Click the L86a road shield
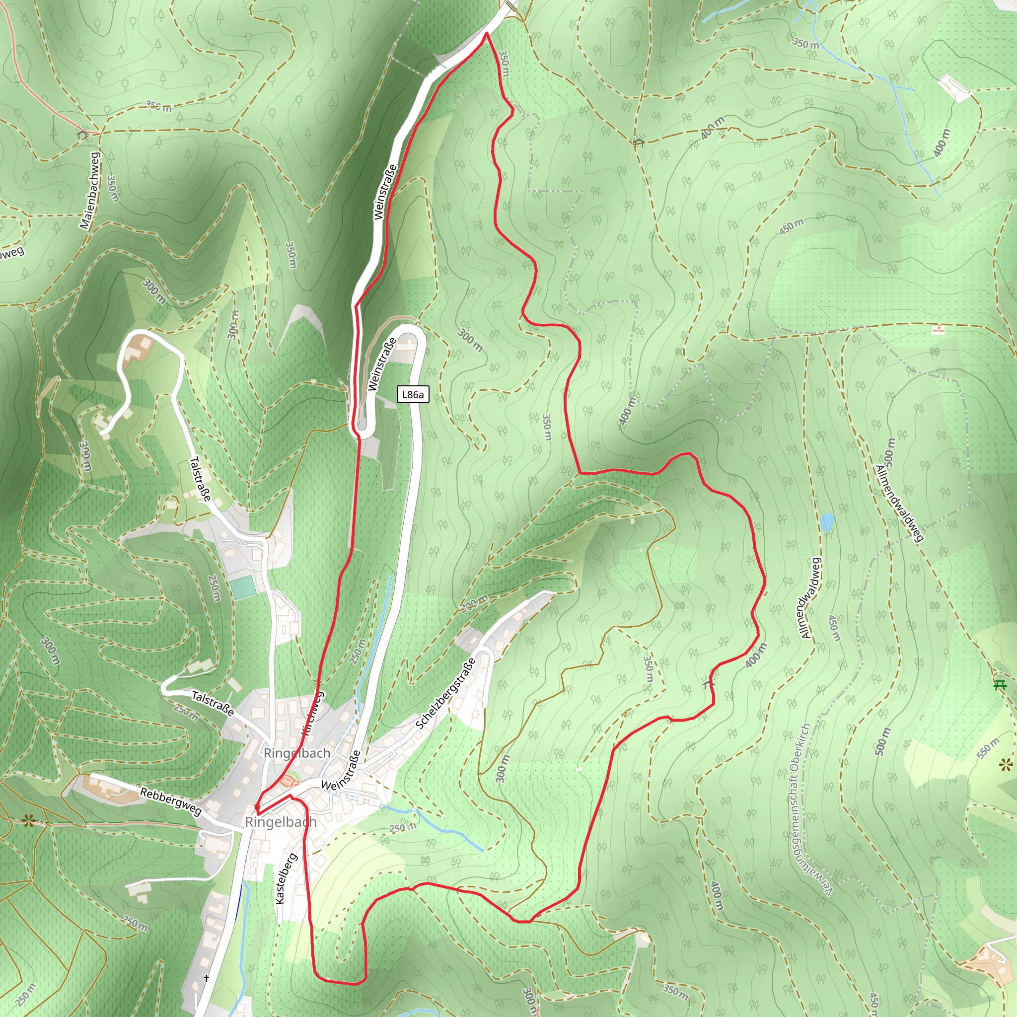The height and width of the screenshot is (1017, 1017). click(413, 394)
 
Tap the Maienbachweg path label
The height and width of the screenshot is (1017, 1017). click(89, 191)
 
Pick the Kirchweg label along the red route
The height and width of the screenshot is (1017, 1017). click(312, 713)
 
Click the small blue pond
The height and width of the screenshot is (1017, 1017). click(827, 522)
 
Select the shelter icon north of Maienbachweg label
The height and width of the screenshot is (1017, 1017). click(82, 132)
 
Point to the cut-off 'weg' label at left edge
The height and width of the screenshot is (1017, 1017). click(11, 253)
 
